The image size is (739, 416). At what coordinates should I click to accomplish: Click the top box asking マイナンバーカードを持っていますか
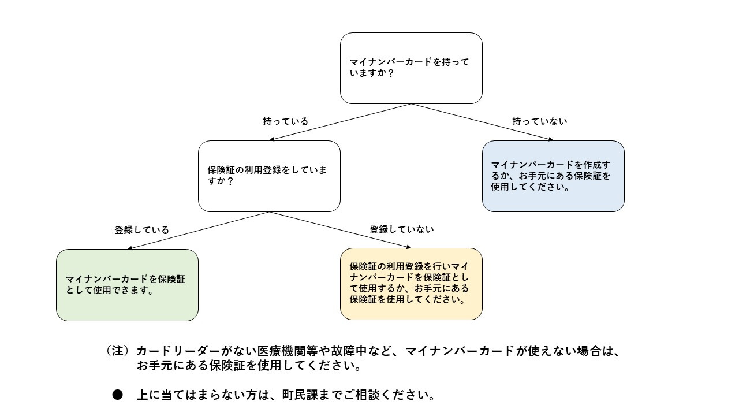click(x=411, y=68)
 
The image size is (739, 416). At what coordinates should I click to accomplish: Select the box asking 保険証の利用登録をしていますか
click(x=269, y=176)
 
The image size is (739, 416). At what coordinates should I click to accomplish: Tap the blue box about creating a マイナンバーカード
click(x=553, y=176)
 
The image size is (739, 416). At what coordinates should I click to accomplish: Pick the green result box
click(x=127, y=285)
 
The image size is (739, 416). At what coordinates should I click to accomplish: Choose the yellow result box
click(x=411, y=284)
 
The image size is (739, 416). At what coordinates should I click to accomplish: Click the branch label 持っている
click(x=285, y=122)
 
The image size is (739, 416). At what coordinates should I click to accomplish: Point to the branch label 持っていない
click(x=540, y=122)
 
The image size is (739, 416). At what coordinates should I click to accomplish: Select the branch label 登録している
click(x=142, y=230)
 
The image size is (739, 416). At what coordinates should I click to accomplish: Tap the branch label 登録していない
click(x=402, y=229)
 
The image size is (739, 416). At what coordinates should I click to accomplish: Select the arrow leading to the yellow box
click(x=341, y=230)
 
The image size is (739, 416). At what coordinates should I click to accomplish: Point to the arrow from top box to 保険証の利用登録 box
click(x=341, y=122)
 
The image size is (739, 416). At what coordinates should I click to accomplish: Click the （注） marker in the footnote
click(x=117, y=351)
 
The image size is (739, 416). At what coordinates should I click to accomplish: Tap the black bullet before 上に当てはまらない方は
click(x=118, y=395)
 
